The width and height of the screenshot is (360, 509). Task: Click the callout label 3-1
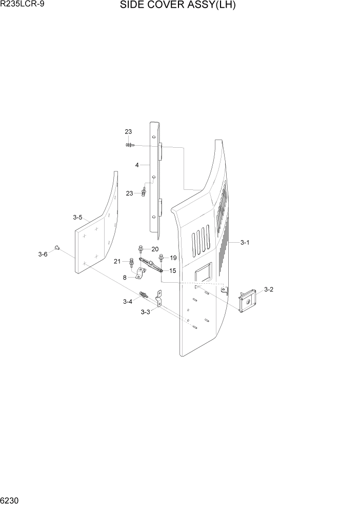point(245,243)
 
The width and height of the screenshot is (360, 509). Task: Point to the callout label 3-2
point(268,289)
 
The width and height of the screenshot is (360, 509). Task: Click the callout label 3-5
point(77,218)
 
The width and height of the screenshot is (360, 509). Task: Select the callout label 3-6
point(43,254)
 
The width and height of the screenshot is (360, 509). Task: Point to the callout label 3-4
point(128,302)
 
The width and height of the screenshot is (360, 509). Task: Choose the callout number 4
point(137,165)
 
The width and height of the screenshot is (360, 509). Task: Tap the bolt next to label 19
point(162,257)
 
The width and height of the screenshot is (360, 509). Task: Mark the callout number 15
point(172,270)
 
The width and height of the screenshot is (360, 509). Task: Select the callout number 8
point(124,278)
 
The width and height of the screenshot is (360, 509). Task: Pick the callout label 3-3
point(145,312)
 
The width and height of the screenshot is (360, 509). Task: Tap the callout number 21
point(117,261)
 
